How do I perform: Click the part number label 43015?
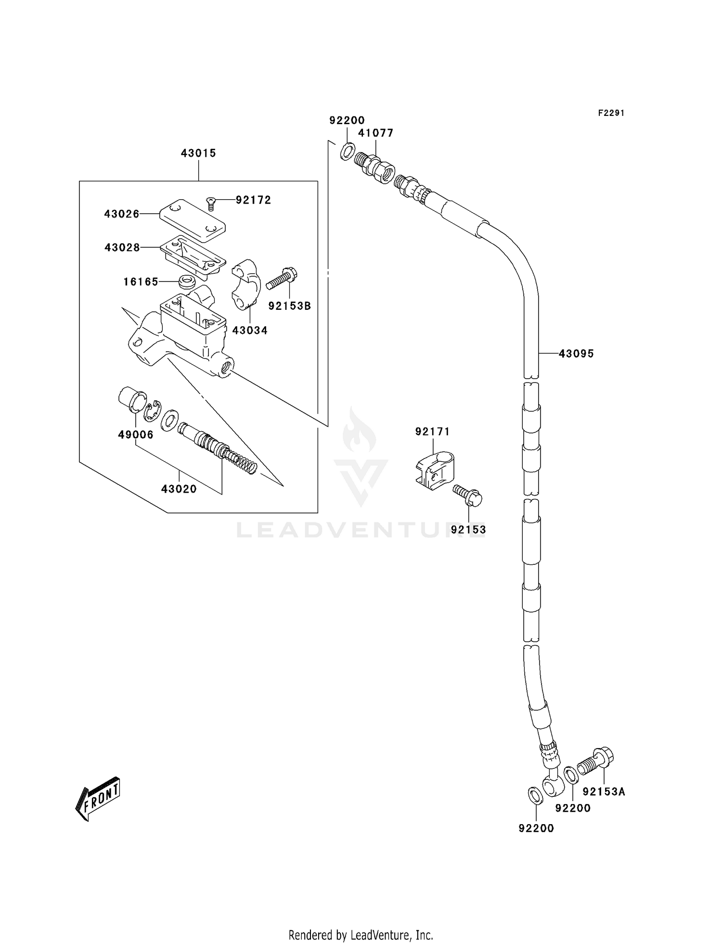tap(198, 153)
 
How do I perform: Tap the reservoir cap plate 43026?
tap(193, 221)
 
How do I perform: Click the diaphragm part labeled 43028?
tap(193, 255)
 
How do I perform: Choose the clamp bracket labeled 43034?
tap(246, 284)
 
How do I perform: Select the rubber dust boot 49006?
tap(132, 399)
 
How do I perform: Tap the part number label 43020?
tap(179, 489)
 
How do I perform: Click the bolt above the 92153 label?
tap(468, 495)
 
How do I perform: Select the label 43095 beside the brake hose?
tap(576, 354)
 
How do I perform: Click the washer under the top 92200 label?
tap(347, 152)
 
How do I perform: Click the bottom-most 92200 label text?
tap(536, 828)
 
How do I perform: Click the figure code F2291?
tap(611, 113)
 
